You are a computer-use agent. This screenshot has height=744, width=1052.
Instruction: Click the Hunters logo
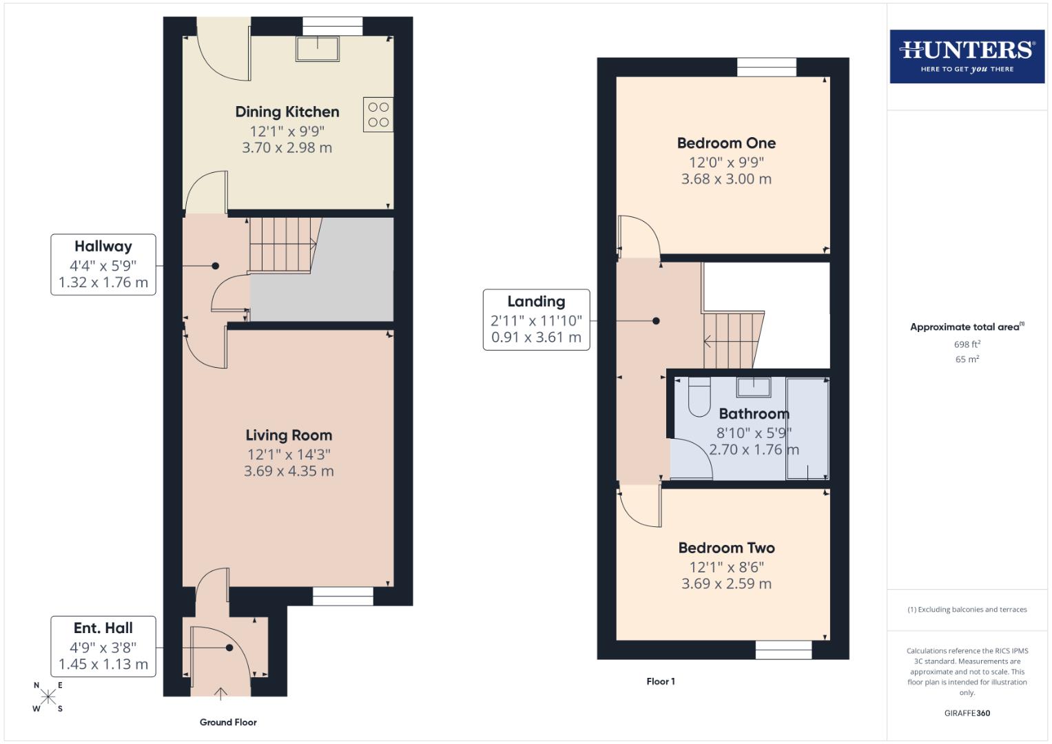click(967, 56)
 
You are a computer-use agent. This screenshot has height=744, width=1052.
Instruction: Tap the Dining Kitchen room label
click(287, 112)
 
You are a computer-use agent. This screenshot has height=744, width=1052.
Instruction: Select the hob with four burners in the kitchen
click(378, 114)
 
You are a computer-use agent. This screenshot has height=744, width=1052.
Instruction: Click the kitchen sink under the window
click(318, 49)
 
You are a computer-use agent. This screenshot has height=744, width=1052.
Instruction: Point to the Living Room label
click(289, 435)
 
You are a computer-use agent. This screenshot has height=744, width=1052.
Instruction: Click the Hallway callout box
click(103, 265)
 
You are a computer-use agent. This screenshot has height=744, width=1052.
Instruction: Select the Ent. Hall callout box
click(103, 646)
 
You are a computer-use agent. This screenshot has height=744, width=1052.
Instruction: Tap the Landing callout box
click(536, 320)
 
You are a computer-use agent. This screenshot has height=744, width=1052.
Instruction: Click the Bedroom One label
click(726, 143)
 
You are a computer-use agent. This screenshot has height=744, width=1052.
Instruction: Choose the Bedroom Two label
click(726, 548)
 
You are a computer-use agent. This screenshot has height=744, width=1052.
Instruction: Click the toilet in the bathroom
click(699, 397)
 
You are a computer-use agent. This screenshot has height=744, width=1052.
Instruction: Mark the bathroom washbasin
click(754, 387)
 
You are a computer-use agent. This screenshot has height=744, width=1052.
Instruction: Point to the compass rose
click(48, 697)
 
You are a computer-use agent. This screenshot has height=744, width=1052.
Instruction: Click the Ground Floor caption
click(228, 722)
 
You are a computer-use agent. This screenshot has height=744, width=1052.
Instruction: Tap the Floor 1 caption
click(660, 681)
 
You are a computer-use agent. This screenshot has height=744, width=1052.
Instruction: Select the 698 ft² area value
click(967, 344)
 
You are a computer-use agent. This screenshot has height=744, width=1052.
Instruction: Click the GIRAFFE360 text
click(967, 713)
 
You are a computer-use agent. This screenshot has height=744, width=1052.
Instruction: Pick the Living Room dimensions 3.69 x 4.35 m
click(289, 471)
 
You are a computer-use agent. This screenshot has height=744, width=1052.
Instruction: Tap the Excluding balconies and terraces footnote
click(967, 610)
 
